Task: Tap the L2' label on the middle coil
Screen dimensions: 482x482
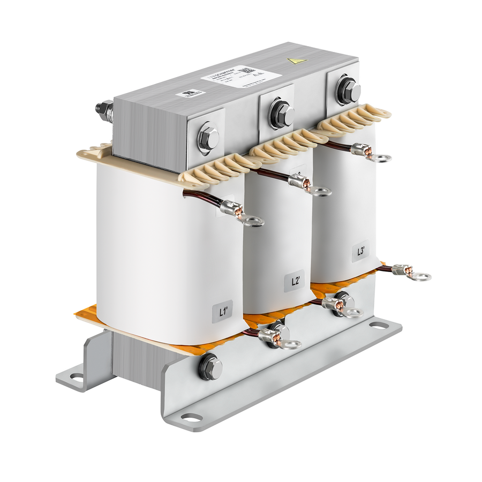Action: [x=295, y=281]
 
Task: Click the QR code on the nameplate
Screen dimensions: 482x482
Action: [x=246, y=70]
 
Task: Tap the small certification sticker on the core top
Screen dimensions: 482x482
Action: [x=191, y=93]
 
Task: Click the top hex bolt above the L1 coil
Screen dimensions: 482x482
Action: [x=207, y=138]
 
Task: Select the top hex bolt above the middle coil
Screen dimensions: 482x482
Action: [x=281, y=113]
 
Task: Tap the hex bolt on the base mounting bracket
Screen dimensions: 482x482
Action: [x=210, y=367]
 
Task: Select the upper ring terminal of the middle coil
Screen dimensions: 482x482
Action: [x=320, y=191]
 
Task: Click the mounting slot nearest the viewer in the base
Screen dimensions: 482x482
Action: [x=191, y=417]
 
